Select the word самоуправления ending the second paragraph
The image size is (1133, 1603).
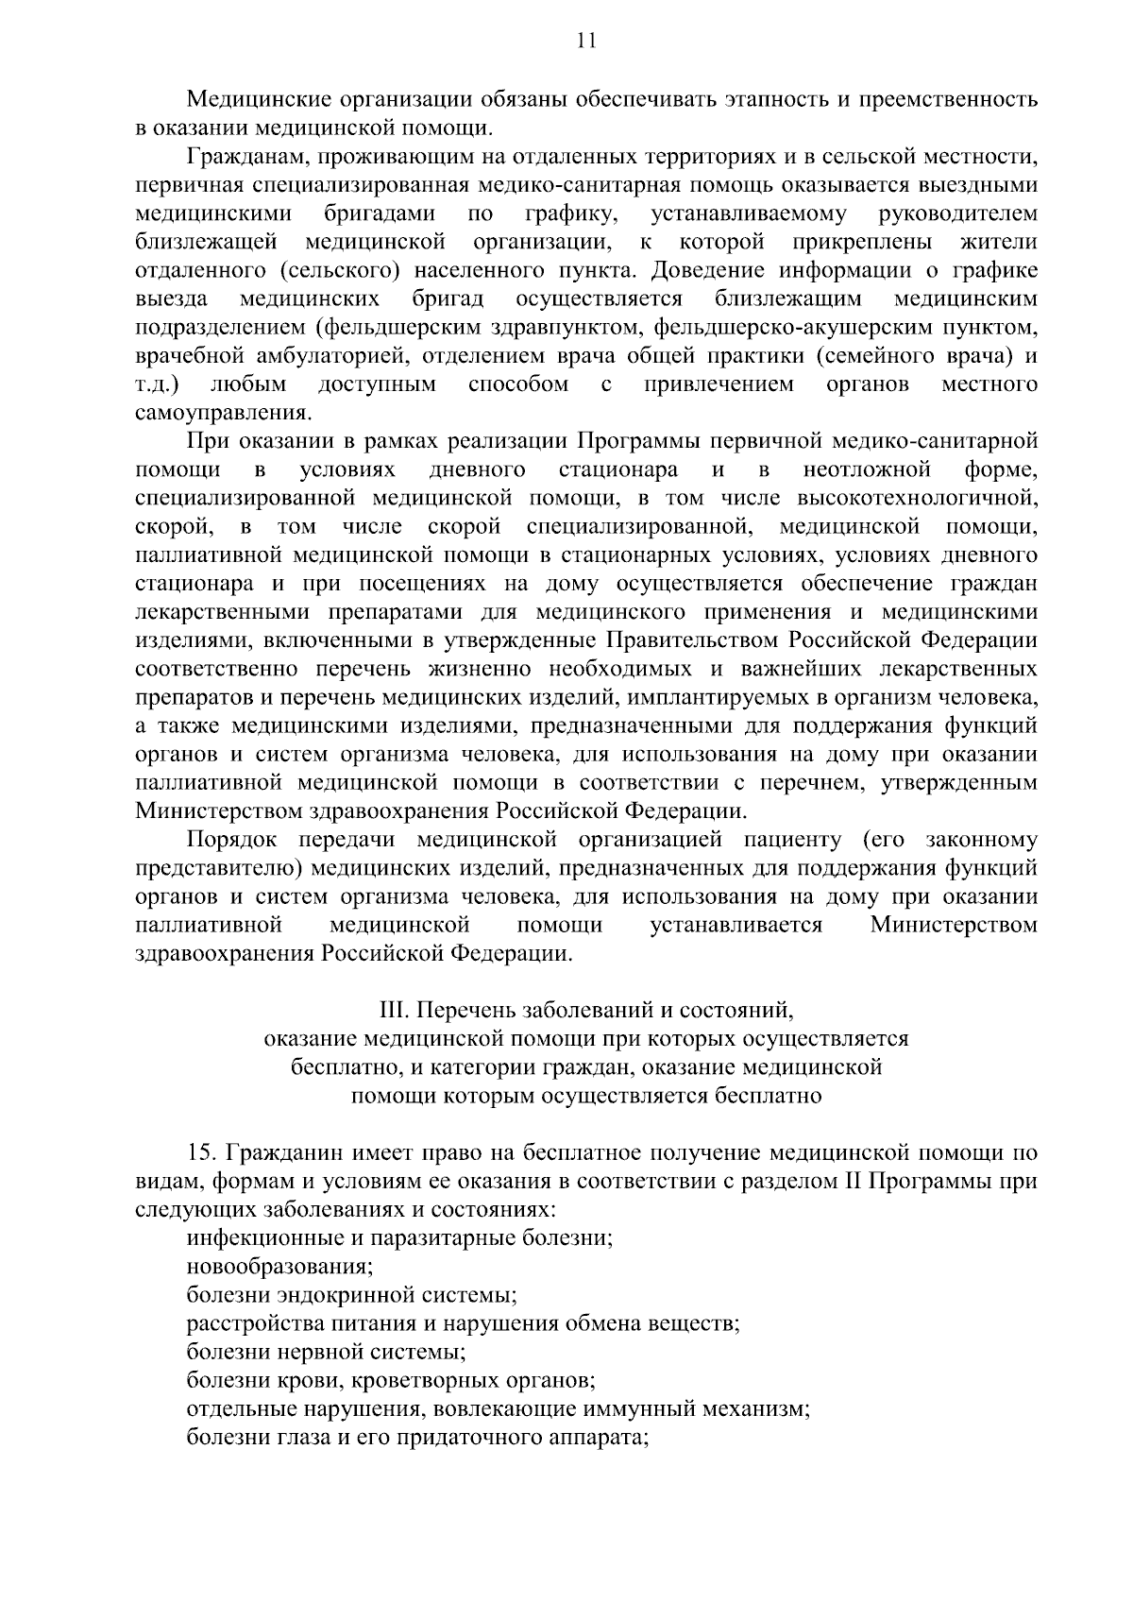(x=223, y=413)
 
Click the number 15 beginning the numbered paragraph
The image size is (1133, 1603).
(x=201, y=1153)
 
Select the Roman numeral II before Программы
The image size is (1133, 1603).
(x=844, y=1182)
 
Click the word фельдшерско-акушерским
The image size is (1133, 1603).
(x=764, y=328)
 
